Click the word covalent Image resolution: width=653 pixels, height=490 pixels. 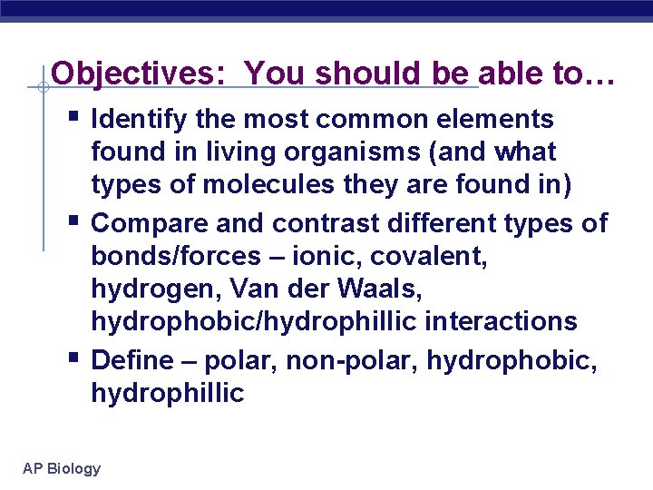[440, 256]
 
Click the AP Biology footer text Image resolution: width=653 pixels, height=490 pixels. [62, 468]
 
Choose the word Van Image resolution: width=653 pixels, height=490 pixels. [255, 289]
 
